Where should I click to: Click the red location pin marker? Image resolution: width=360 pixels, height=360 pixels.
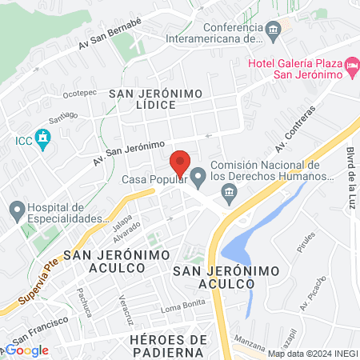click(x=181, y=163)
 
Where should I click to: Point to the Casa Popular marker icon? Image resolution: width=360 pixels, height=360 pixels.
click(x=198, y=174)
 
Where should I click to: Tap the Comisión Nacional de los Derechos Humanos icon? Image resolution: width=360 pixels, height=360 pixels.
click(x=230, y=192)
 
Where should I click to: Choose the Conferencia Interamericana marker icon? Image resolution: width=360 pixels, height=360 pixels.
click(x=274, y=30)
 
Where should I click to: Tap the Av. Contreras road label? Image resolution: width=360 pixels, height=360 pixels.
click(x=295, y=128)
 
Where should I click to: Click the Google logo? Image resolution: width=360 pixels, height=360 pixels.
click(x=27, y=350)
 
